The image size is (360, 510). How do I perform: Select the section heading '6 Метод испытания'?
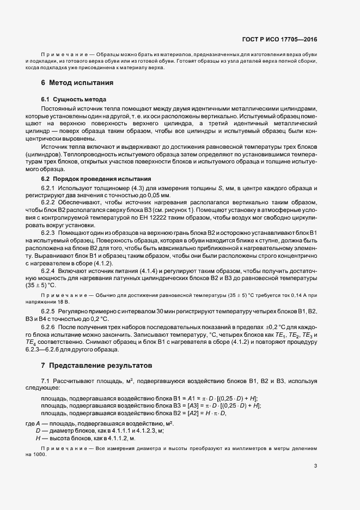[x=77, y=83]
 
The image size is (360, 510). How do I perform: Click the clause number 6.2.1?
[x=49, y=189]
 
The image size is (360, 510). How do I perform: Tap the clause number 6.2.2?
[x=49, y=202]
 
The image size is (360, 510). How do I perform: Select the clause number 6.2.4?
[x=49, y=270]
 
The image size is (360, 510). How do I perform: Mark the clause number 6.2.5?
[x=49, y=311]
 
